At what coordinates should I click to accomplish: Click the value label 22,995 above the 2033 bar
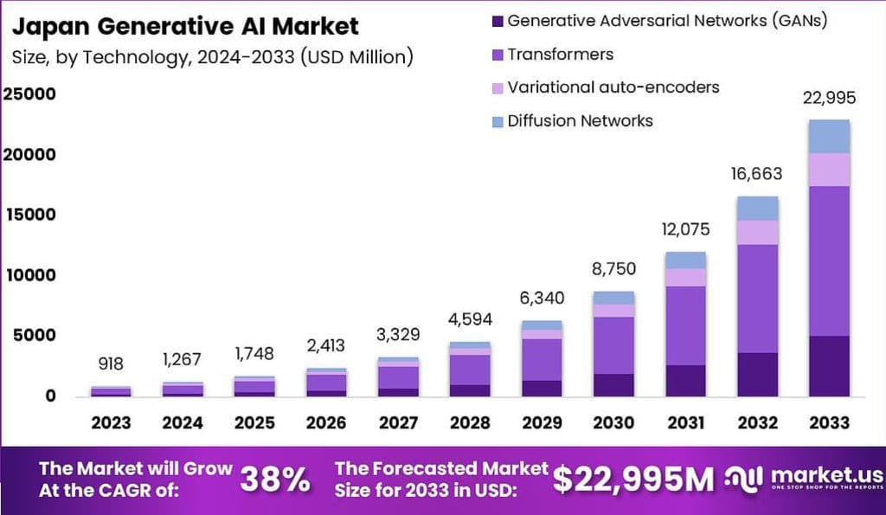point(828,100)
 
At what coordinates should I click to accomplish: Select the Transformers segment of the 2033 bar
point(828,261)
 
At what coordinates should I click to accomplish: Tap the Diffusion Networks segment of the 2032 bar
point(757,208)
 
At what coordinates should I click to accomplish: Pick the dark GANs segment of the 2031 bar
point(685,380)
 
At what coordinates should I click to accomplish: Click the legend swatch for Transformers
point(496,55)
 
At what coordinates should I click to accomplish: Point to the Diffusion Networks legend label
point(580,120)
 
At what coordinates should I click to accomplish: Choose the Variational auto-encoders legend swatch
point(496,87)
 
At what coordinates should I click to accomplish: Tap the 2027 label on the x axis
point(397,422)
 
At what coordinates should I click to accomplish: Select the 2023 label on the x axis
point(111,422)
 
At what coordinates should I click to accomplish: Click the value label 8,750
point(614,269)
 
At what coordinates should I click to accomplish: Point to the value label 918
point(111,364)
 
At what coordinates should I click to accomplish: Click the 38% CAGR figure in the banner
point(274,479)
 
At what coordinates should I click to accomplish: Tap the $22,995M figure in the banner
point(633,479)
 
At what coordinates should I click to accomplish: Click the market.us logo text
point(825,474)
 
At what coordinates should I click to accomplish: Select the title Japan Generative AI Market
point(185,26)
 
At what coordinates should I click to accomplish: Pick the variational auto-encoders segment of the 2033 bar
point(828,170)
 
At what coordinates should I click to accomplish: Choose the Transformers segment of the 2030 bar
point(614,345)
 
